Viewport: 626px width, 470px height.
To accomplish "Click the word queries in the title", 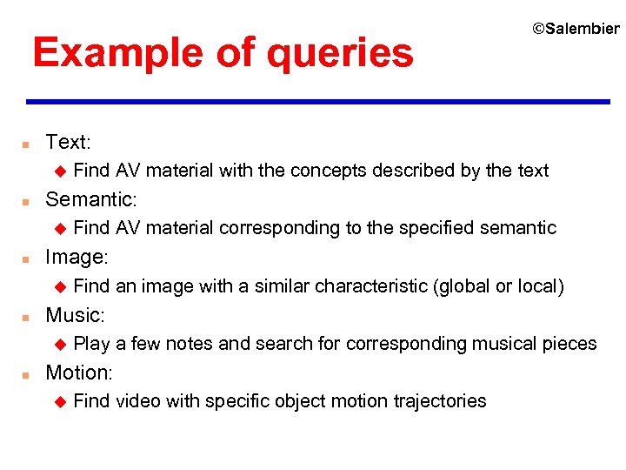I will (341, 54).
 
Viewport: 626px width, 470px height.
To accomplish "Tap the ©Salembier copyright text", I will (576, 29).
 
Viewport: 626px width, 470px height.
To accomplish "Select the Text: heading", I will (68, 142).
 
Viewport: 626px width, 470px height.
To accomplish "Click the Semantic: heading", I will (90, 199).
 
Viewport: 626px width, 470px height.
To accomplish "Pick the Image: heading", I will (77, 257).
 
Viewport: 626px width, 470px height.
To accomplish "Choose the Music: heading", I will (75, 314).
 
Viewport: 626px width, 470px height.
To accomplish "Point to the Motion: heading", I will (79, 372).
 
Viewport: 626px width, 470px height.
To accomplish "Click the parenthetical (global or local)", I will (498, 285).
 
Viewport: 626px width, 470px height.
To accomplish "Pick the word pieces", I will (569, 343).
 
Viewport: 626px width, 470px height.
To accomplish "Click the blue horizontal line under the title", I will (318, 102).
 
